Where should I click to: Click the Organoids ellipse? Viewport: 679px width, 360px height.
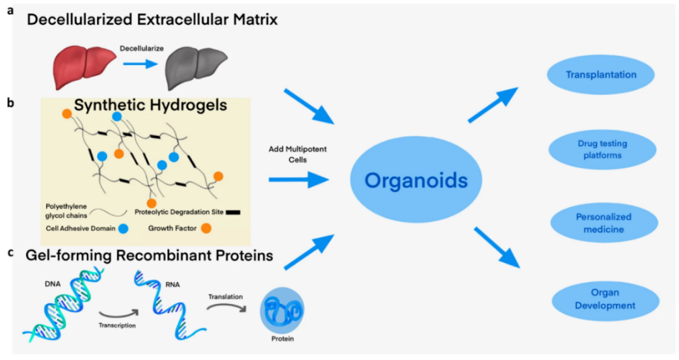(x=416, y=181)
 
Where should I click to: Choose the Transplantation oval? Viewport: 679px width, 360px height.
(x=601, y=74)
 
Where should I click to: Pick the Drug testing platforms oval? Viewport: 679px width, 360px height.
(x=603, y=150)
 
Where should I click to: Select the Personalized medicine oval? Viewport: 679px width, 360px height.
(x=603, y=223)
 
